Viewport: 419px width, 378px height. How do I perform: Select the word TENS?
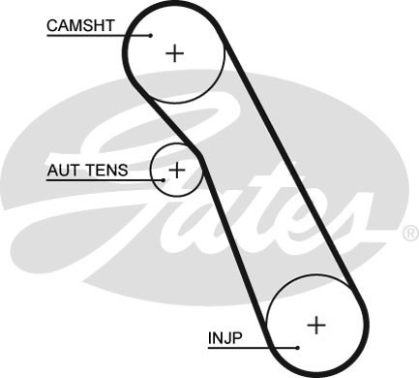pos(105,170)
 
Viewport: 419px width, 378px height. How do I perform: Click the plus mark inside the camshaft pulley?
pos(174,52)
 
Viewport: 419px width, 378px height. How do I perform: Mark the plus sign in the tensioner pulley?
pos(176,170)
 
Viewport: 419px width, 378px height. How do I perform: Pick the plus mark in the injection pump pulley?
pos(317,323)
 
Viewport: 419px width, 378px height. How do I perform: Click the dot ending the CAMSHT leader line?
pos(152,35)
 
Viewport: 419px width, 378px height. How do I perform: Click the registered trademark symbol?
pos(409,234)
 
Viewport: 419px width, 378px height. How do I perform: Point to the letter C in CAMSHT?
pos(53,22)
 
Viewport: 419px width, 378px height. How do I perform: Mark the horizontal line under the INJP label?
pos(252,347)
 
